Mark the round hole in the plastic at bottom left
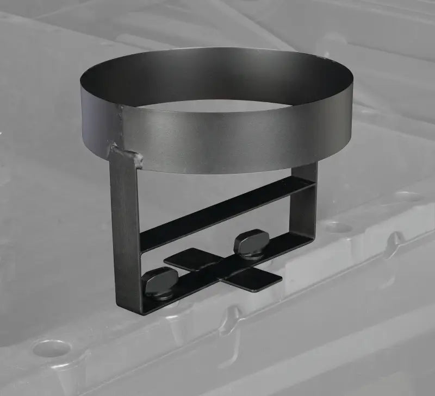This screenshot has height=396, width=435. point(50,348)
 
